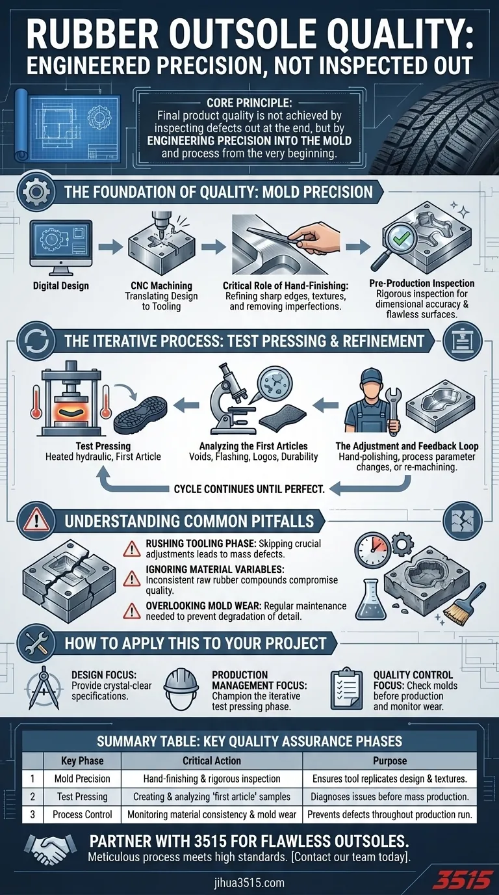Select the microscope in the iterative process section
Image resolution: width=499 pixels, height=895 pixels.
[231, 399]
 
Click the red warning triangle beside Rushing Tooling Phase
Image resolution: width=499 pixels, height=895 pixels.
[131, 548]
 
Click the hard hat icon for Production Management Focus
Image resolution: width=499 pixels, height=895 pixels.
[181, 689]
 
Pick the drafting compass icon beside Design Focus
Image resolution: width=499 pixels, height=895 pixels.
[43, 688]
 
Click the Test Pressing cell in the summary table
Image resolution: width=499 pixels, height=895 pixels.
[83, 796]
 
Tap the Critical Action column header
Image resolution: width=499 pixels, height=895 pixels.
[212, 760]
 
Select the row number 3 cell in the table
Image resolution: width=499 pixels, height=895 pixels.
[32, 814]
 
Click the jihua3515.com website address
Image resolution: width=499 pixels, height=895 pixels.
[249, 882]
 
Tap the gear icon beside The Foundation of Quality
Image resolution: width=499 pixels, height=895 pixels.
[36, 192]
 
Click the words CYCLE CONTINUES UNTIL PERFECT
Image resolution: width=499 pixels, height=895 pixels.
[249, 488]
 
